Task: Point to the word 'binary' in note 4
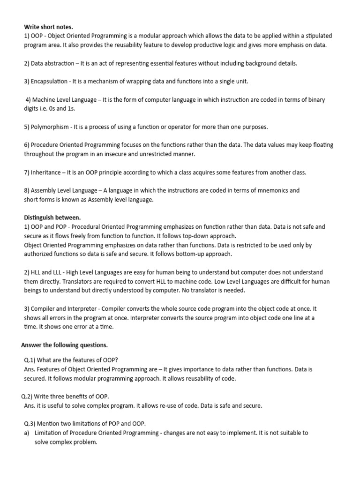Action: (315, 99)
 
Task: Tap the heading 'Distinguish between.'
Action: (52, 217)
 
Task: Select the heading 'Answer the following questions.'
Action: (65, 345)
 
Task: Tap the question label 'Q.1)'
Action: (31, 360)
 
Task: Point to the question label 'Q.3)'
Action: (31, 424)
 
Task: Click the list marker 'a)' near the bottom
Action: (27, 433)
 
